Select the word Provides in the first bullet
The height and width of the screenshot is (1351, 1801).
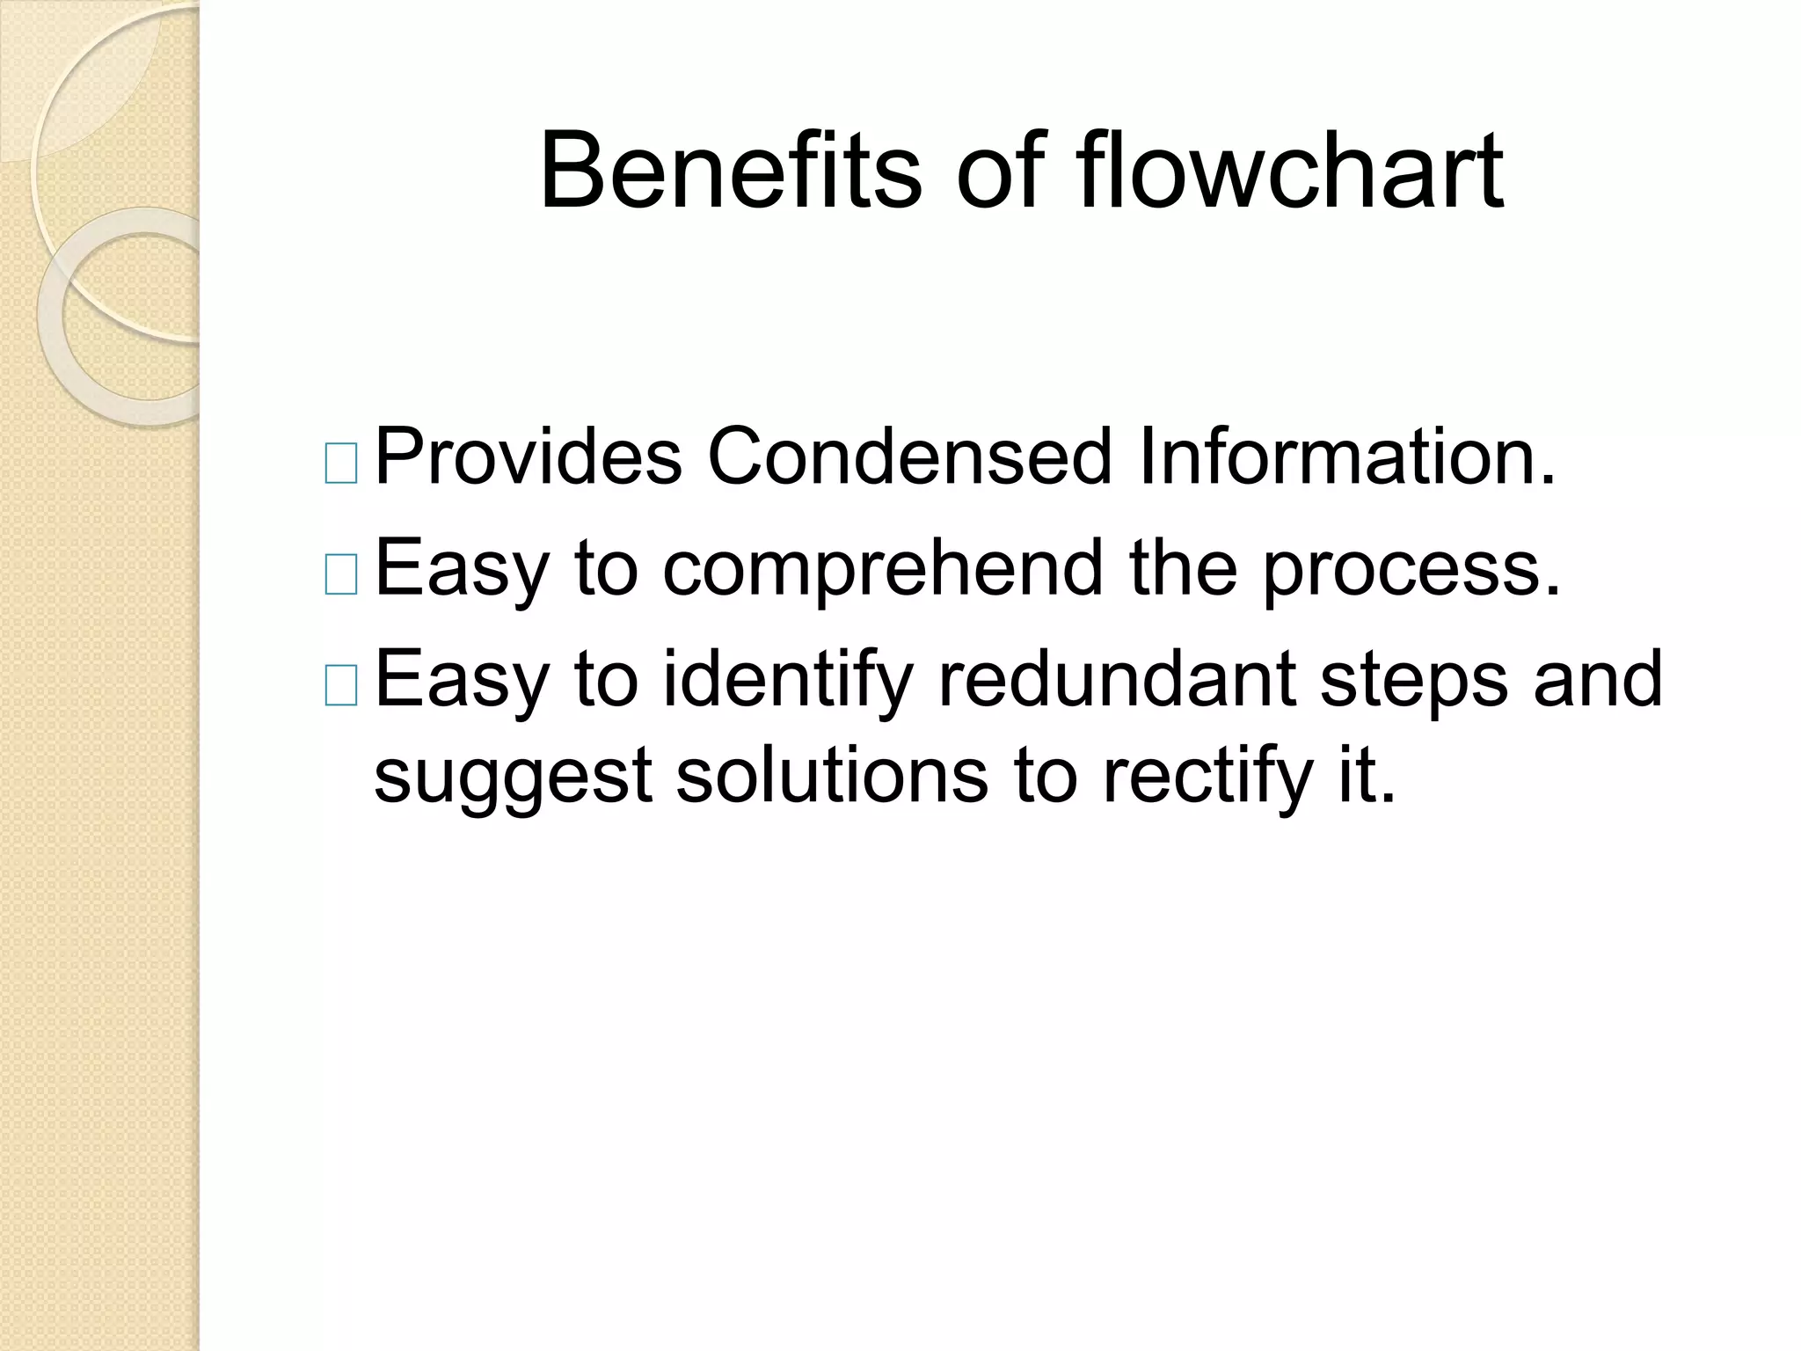529,456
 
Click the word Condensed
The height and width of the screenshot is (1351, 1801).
910,456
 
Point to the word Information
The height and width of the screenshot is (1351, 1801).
1346,456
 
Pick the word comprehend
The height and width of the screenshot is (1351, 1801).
883,571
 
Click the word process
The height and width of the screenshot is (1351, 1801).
1411,571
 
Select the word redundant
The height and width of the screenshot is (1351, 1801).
1116,678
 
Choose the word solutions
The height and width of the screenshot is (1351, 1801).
832,774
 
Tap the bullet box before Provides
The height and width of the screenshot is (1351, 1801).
340,464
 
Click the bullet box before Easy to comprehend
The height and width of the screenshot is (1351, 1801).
340,576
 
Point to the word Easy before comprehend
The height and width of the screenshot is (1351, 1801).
463,571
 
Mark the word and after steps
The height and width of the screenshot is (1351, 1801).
1598,678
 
